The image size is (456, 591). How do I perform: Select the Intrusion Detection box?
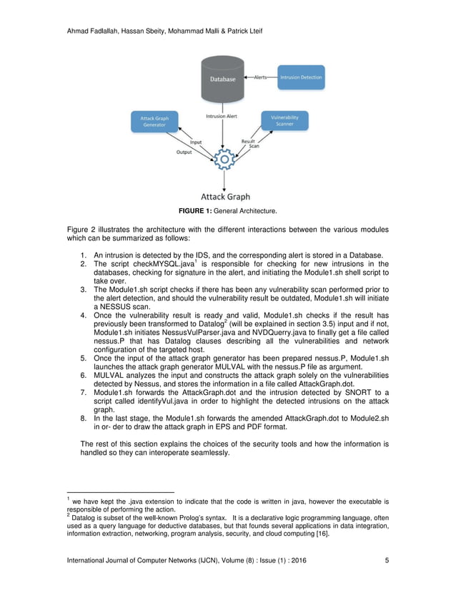[301, 77]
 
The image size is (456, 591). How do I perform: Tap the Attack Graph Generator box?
[153, 121]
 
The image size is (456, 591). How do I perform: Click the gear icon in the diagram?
[225, 159]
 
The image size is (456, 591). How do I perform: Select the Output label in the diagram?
[184, 152]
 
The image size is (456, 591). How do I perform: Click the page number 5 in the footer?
[387, 560]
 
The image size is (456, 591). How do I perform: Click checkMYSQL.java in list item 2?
[157, 264]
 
